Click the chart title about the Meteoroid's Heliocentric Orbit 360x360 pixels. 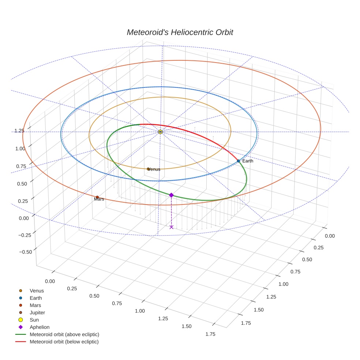[180, 32]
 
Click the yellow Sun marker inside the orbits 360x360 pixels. [160, 132]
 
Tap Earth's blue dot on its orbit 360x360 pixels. [238, 161]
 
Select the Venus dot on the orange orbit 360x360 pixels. [148, 169]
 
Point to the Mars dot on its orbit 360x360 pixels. [97, 197]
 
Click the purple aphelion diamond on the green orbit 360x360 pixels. [171, 195]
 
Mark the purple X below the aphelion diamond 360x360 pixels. [171, 227]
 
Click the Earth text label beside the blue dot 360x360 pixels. [248, 161]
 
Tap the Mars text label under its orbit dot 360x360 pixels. [99, 199]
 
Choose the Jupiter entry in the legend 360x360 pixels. [37, 312]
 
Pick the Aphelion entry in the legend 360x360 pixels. [40, 327]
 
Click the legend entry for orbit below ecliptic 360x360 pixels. [64, 342]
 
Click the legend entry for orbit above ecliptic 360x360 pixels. [64, 334]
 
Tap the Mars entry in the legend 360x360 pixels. [35, 305]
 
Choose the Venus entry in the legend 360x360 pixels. [37, 291]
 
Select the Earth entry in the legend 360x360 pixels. [36, 298]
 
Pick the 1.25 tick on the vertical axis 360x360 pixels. [19, 131]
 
